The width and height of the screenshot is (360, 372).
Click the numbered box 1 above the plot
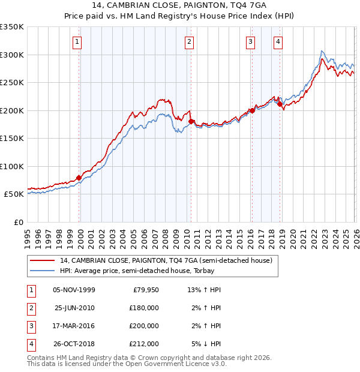79,42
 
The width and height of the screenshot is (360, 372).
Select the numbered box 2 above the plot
189,42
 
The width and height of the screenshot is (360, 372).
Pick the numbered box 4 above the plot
278,42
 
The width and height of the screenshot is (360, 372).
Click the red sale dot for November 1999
79,178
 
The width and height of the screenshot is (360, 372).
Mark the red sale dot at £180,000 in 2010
191,121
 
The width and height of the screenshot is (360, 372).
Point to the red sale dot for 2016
252,110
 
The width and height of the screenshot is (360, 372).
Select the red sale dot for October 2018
280,104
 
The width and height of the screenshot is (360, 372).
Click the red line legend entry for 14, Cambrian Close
166,260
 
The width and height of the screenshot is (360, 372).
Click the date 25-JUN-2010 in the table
74,308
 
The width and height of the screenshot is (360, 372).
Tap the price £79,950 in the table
144,290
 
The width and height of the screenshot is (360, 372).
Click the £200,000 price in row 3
144,326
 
